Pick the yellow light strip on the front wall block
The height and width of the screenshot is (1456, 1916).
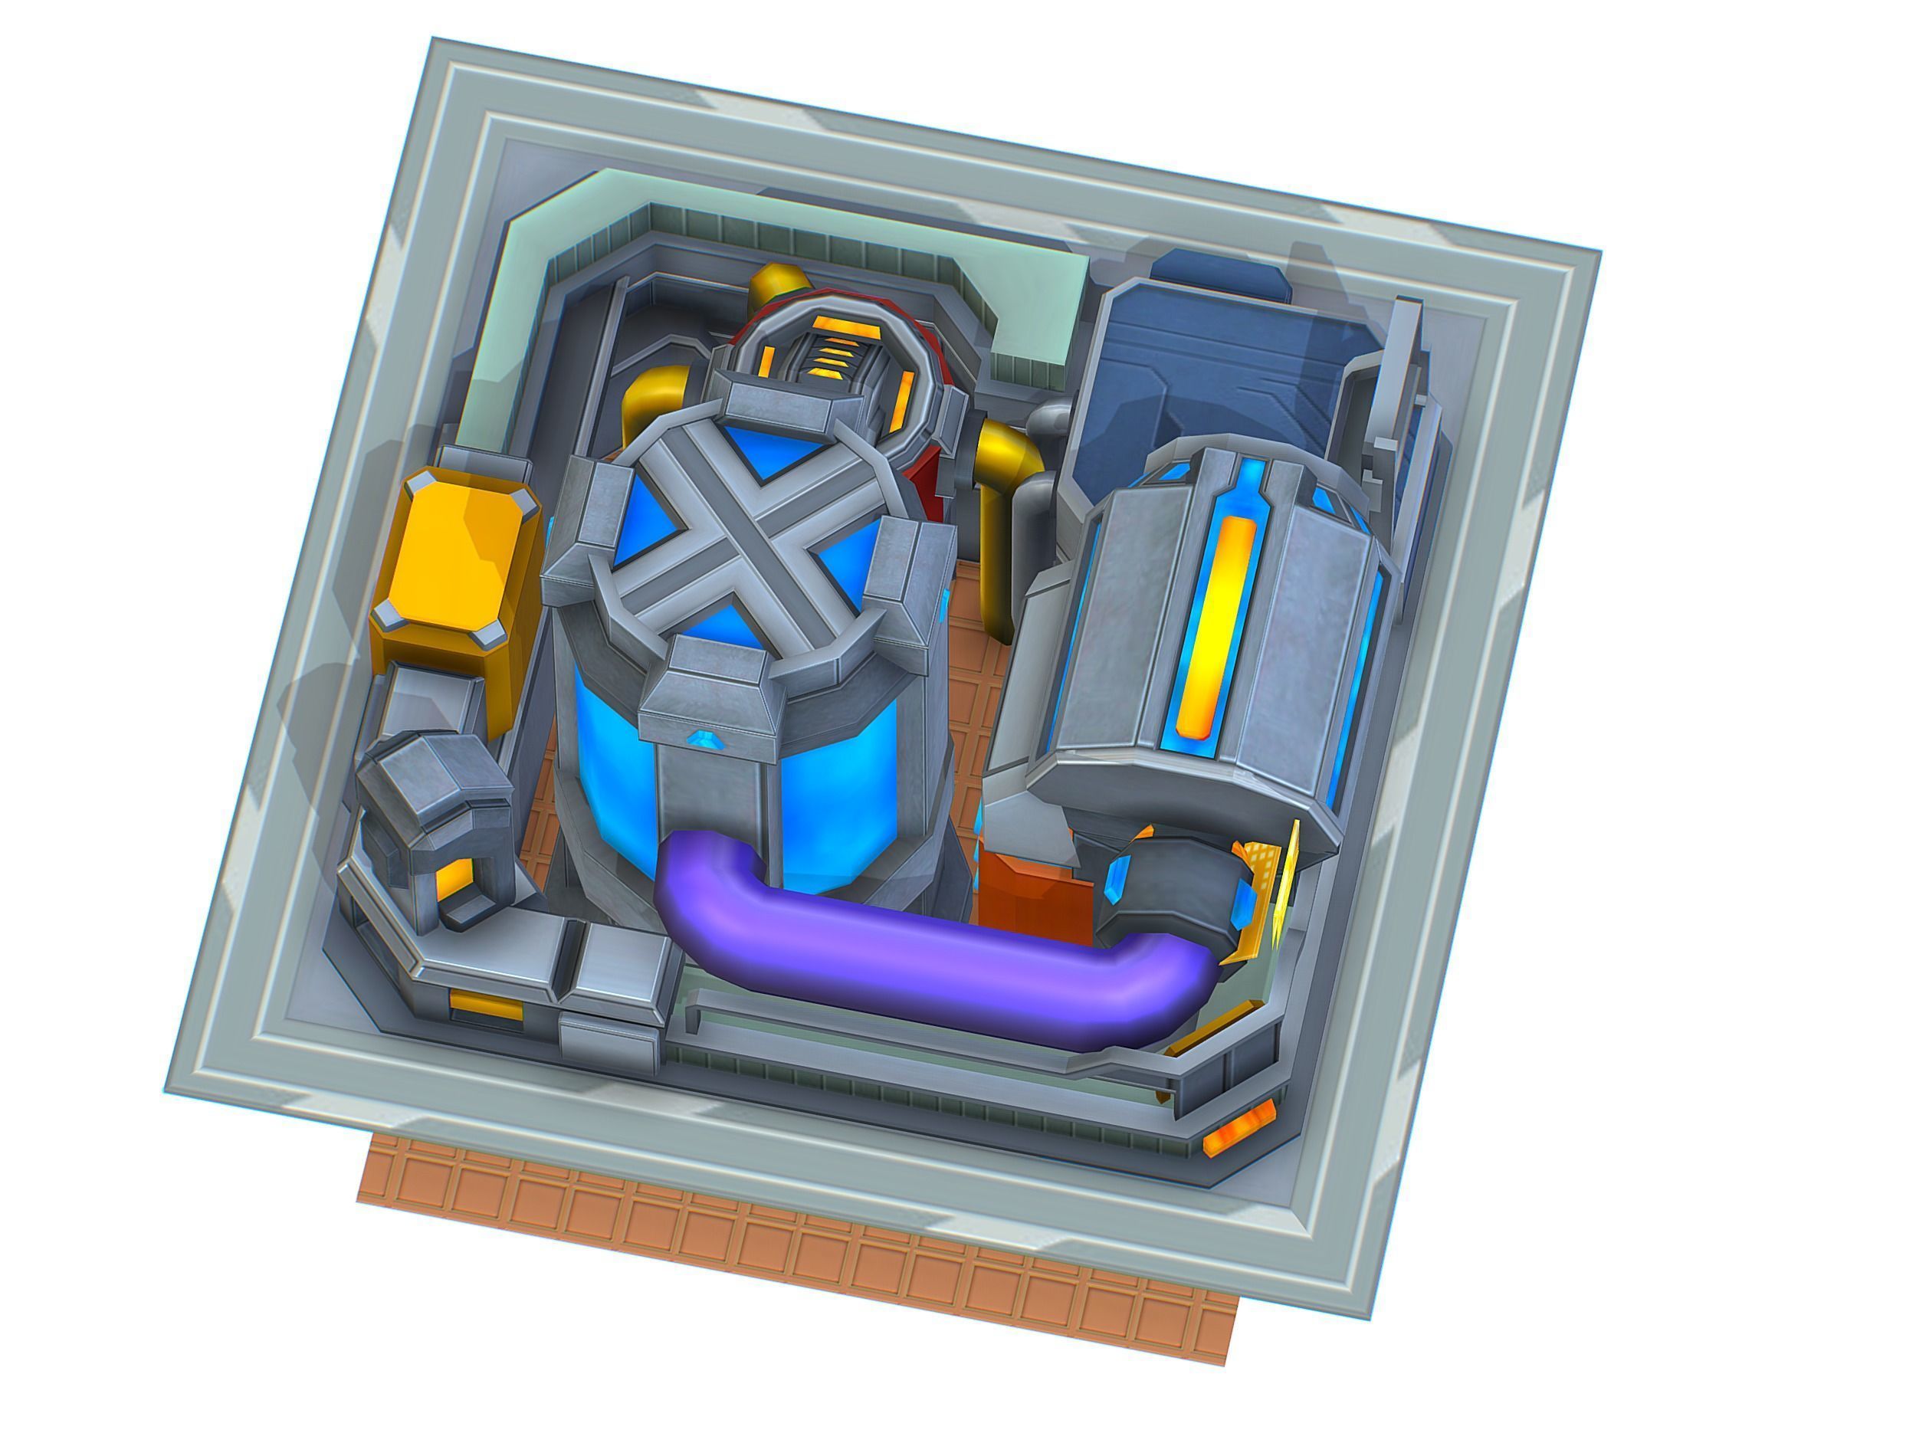click(485, 1008)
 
